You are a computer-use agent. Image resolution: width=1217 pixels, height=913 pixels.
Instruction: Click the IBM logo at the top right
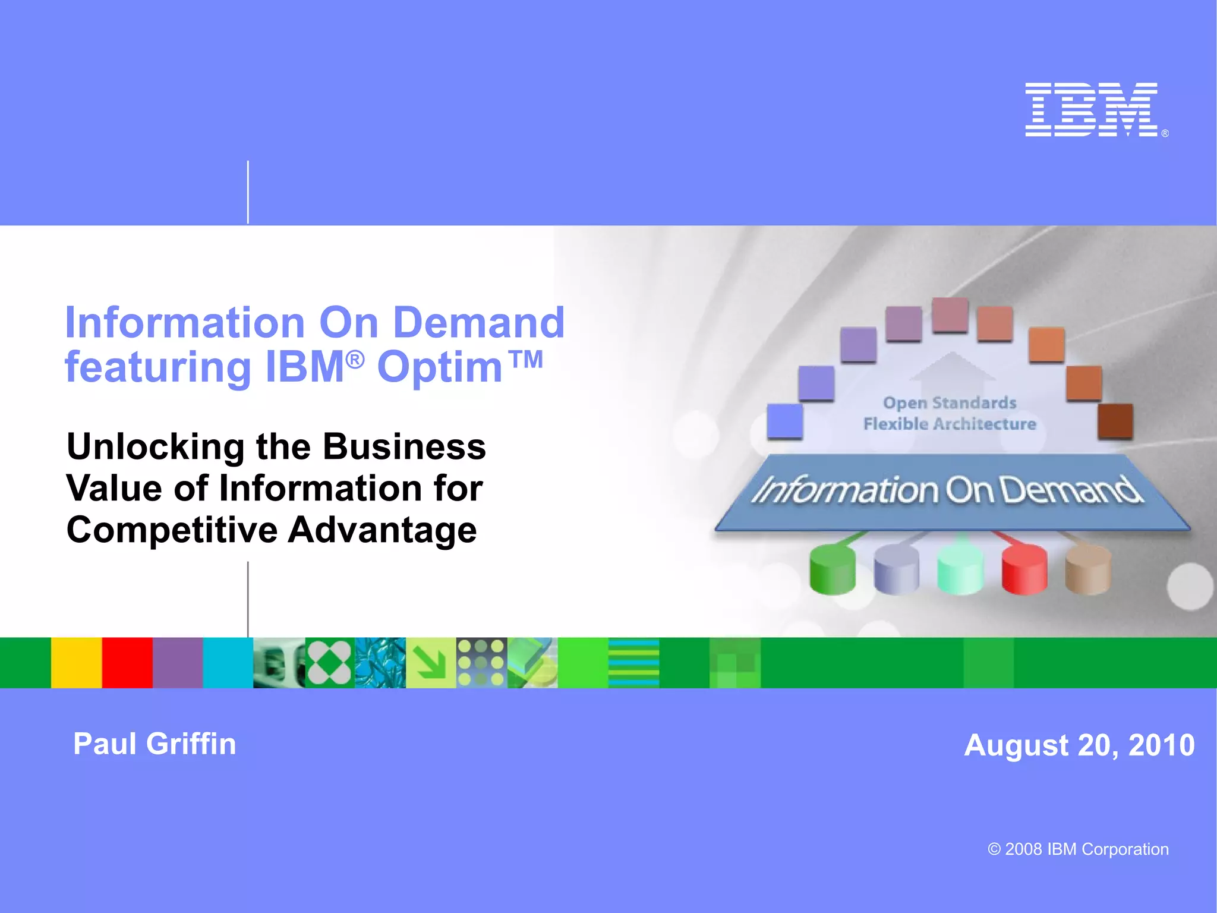pyautogui.click(x=1092, y=110)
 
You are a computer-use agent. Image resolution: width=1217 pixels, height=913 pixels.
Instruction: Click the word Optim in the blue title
pyautogui.click(x=440, y=367)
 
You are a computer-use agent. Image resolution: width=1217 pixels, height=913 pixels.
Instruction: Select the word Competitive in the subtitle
pyautogui.click(x=172, y=530)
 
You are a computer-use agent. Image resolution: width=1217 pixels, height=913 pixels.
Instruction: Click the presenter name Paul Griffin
pyautogui.click(x=155, y=744)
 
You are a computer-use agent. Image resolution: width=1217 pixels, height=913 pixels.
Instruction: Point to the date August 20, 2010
pyautogui.click(x=1079, y=745)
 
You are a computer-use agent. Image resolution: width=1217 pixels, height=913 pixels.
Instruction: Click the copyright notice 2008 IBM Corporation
pyautogui.click(x=1078, y=849)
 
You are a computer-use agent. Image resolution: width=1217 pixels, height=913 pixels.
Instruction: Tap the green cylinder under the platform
pyautogui.click(x=833, y=570)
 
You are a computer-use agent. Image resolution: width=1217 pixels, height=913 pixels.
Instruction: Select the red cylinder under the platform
pyautogui.click(x=1024, y=570)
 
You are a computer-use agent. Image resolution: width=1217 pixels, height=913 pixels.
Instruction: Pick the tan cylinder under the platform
pyautogui.click(x=1087, y=570)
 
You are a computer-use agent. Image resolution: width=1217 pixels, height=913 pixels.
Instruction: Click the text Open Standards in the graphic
pyautogui.click(x=949, y=403)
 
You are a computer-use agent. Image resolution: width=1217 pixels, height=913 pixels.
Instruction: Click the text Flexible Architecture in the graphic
pyautogui.click(x=949, y=424)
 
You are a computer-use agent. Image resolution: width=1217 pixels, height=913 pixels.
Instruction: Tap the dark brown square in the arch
pyautogui.click(x=1115, y=421)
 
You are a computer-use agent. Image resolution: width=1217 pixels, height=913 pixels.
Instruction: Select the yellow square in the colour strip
pyautogui.click(x=76, y=663)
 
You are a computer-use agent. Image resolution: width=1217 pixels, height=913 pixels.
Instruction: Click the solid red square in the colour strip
pyautogui.click(x=127, y=663)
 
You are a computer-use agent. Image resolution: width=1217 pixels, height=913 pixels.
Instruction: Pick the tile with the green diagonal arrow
pyautogui.click(x=431, y=663)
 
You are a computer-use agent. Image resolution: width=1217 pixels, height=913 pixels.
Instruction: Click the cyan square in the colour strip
pyautogui.click(x=228, y=663)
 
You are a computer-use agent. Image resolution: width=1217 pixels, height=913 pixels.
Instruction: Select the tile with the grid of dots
pyautogui.click(x=481, y=663)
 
